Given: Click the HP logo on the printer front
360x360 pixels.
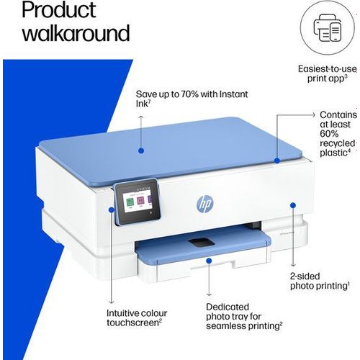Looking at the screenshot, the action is pyautogui.click(x=205, y=204).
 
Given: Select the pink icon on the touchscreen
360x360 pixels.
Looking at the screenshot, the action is pyautogui.click(x=140, y=200).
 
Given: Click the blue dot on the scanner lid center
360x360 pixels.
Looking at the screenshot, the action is pyautogui.click(x=141, y=150).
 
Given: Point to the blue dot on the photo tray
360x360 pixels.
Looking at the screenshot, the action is pyautogui.click(x=209, y=261).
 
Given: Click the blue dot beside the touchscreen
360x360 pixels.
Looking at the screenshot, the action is pyautogui.click(x=111, y=210).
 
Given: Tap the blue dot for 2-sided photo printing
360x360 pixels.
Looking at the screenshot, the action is pyautogui.click(x=293, y=205).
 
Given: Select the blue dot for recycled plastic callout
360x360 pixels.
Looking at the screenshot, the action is pyautogui.click(x=277, y=161).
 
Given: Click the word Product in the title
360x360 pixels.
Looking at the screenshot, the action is pyautogui.click(x=59, y=10).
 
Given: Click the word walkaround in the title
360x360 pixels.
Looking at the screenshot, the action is pyautogui.click(x=76, y=33).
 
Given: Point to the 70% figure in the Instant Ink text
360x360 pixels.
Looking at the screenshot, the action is pyautogui.click(x=189, y=94).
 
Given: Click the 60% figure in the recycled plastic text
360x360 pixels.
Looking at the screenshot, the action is pyautogui.click(x=329, y=134).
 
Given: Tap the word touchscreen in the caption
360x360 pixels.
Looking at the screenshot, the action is pyautogui.click(x=133, y=323).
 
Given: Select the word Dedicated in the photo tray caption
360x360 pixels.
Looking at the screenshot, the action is pyautogui.click(x=228, y=307).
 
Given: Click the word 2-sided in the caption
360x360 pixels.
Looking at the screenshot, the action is pyautogui.click(x=305, y=276).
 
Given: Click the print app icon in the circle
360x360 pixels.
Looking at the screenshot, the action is pyautogui.click(x=328, y=27).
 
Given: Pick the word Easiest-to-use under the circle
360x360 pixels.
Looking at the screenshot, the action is pyautogui.click(x=327, y=69).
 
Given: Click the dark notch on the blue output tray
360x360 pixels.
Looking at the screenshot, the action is pyautogui.click(x=201, y=243).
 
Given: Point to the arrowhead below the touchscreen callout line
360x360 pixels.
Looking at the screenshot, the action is pyautogui.click(x=111, y=302).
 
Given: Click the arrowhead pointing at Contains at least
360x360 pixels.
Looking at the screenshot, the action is pyautogui.click(x=313, y=115).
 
